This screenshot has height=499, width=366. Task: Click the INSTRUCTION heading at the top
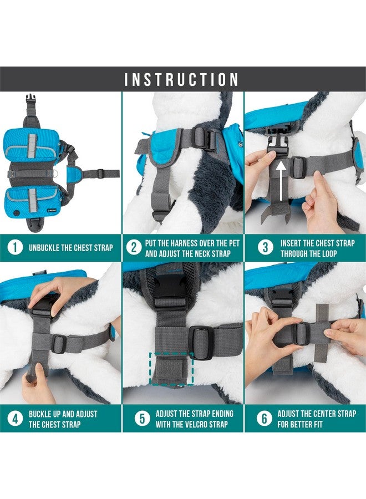tap(182, 79)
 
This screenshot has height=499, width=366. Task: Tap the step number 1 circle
tap(16, 247)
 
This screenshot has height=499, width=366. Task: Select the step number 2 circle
tap(134, 247)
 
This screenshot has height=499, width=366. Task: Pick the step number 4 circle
tap(16, 419)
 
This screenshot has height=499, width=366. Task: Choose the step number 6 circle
tap(264, 419)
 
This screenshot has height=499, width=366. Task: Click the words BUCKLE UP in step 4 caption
tap(49, 414)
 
